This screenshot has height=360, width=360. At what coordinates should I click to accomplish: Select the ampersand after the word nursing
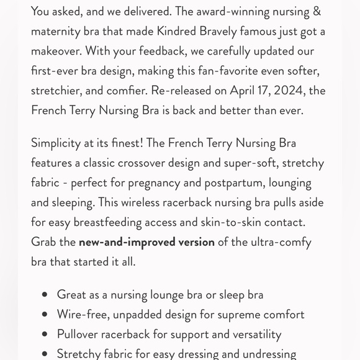(317, 11)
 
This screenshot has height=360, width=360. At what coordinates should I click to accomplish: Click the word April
(245, 90)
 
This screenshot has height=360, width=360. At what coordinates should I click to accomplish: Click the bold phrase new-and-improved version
(146, 242)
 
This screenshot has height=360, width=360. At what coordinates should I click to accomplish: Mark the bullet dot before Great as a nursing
(44, 295)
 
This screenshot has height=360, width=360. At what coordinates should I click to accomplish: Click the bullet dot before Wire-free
(44, 315)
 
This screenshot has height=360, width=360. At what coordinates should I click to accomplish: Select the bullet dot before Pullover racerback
(44, 335)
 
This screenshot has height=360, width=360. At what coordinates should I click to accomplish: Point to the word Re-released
(181, 90)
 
